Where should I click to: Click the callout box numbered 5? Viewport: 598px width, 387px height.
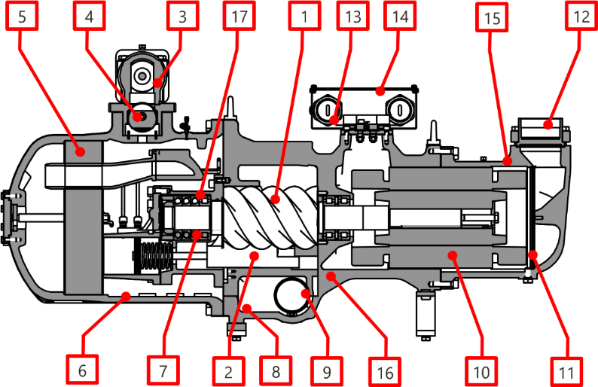click(20, 15)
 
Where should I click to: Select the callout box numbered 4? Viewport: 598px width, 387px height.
click(87, 15)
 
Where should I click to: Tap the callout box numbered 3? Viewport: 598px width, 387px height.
click(182, 15)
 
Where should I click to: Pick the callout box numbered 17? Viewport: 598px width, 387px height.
click(239, 15)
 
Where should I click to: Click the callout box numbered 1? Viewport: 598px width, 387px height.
click(304, 15)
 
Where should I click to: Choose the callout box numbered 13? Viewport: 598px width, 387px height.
click(353, 15)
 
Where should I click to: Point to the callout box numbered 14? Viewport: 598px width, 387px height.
click(400, 15)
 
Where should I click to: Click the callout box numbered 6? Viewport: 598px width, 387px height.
click(82, 370)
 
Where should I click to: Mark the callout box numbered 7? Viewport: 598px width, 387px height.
click(162, 370)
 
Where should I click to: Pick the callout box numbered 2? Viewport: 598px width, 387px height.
click(228, 370)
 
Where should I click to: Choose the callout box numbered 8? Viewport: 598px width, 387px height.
click(276, 370)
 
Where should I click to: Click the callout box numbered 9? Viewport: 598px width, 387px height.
click(326, 370)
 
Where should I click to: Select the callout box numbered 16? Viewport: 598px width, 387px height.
click(385, 370)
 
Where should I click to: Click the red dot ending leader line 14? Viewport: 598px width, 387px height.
click(380, 92)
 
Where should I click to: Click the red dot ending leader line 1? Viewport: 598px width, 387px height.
click(276, 200)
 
